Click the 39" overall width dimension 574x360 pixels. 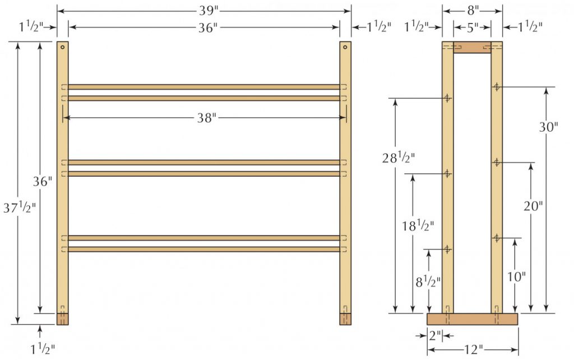(x=204, y=10)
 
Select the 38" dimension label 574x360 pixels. (x=206, y=118)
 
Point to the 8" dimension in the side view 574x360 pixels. (x=473, y=10)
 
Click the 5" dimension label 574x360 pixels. (x=473, y=26)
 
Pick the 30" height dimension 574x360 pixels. (x=548, y=127)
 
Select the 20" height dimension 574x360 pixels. (x=533, y=206)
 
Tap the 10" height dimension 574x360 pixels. (x=516, y=276)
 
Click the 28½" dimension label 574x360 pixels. (x=399, y=159)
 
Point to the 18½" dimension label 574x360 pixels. (x=416, y=226)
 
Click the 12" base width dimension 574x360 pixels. (x=473, y=350)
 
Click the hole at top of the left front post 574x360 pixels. (x=63, y=47)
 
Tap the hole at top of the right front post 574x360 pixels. (x=345, y=47)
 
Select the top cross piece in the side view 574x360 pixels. (x=472, y=48)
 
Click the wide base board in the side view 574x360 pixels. (x=472, y=319)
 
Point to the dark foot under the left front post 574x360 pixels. (x=63, y=319)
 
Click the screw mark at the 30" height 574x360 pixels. (x=497, y=87)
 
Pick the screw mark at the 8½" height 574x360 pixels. (x=447, y=249)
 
